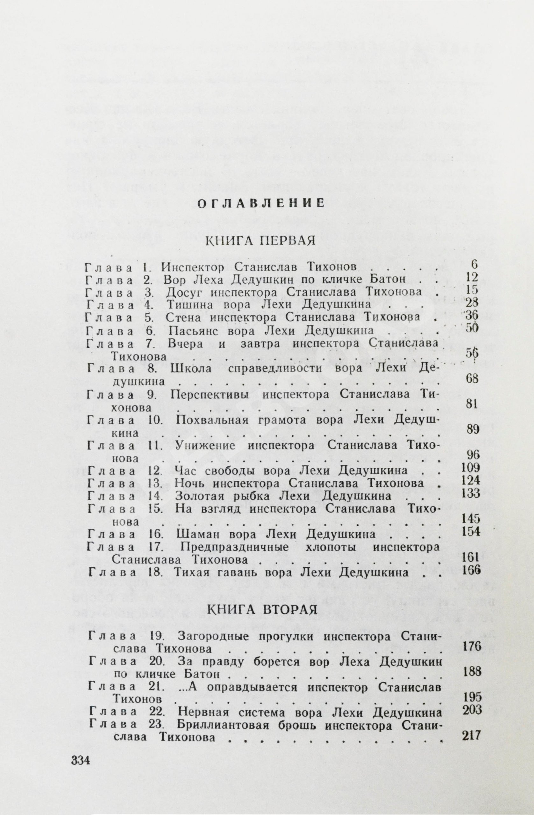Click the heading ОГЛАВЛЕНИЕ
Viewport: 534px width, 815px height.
coord(261,203)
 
